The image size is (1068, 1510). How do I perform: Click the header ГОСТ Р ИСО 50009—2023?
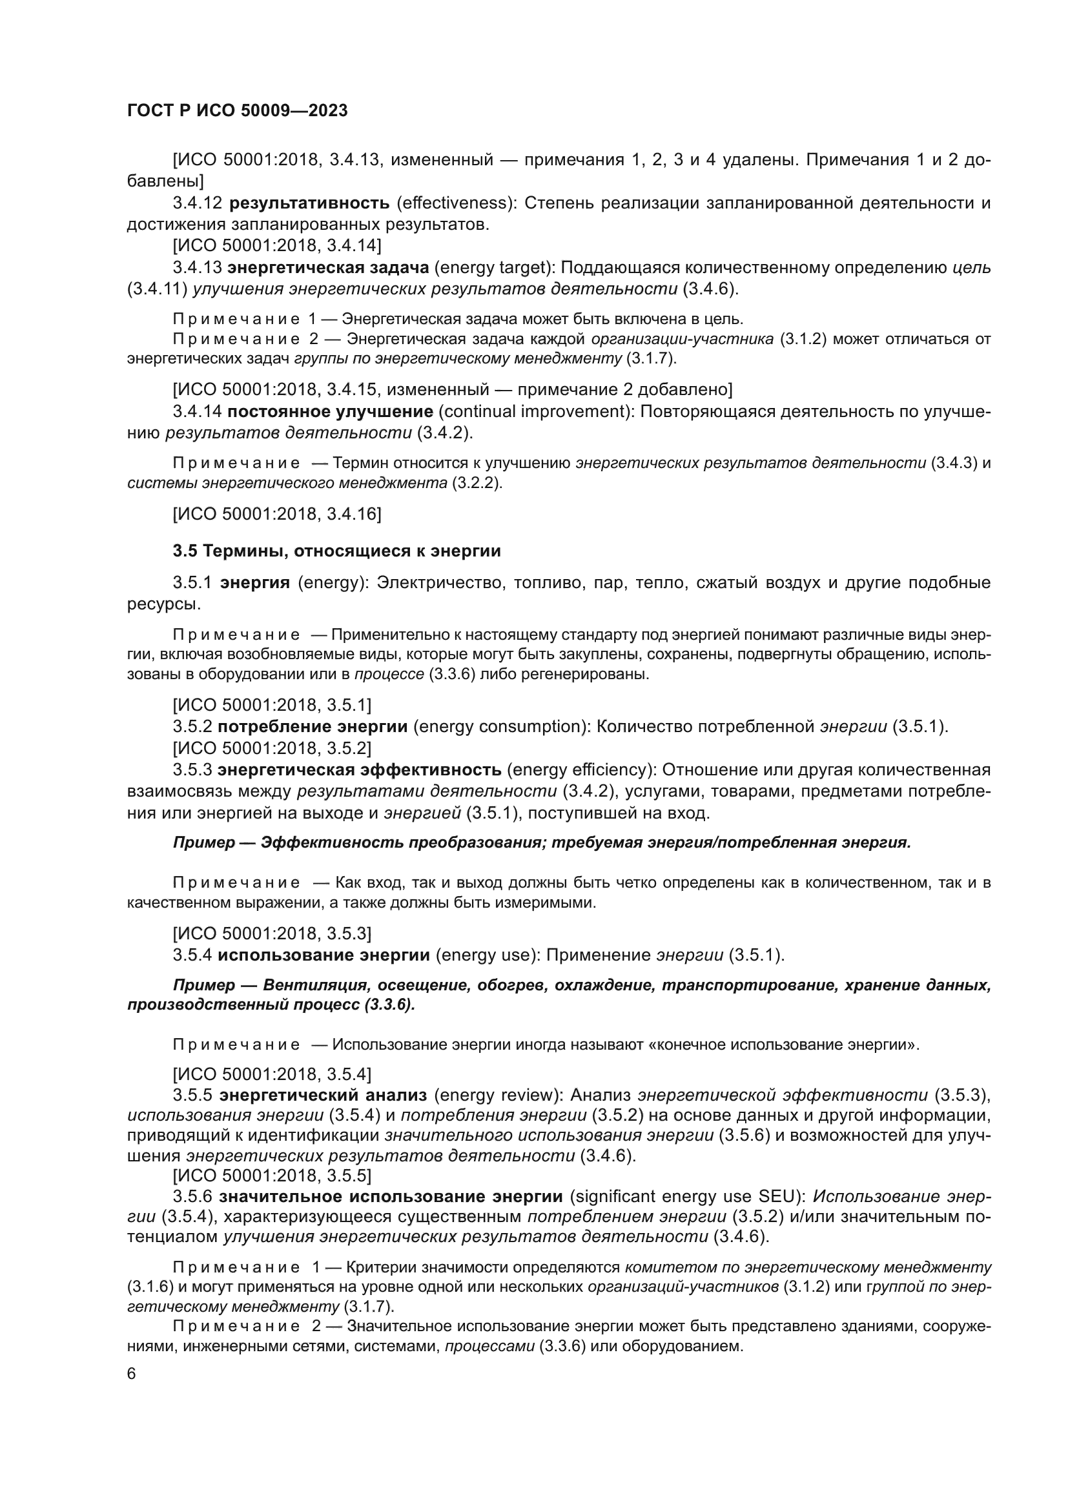tap(238, 110)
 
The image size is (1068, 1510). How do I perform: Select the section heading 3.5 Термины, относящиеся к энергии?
tap(336, 551)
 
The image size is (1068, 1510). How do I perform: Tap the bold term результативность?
tap(310, 203)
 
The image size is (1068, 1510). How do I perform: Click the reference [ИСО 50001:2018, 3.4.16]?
tap(277, 514)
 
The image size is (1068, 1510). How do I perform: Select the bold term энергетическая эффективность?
tap(360, 770)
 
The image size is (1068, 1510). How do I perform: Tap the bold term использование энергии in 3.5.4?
tap(323, 954)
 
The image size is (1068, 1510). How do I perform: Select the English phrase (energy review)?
tap(497, 1095)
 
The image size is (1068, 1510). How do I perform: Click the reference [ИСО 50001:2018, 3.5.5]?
tap(272, 1175)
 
